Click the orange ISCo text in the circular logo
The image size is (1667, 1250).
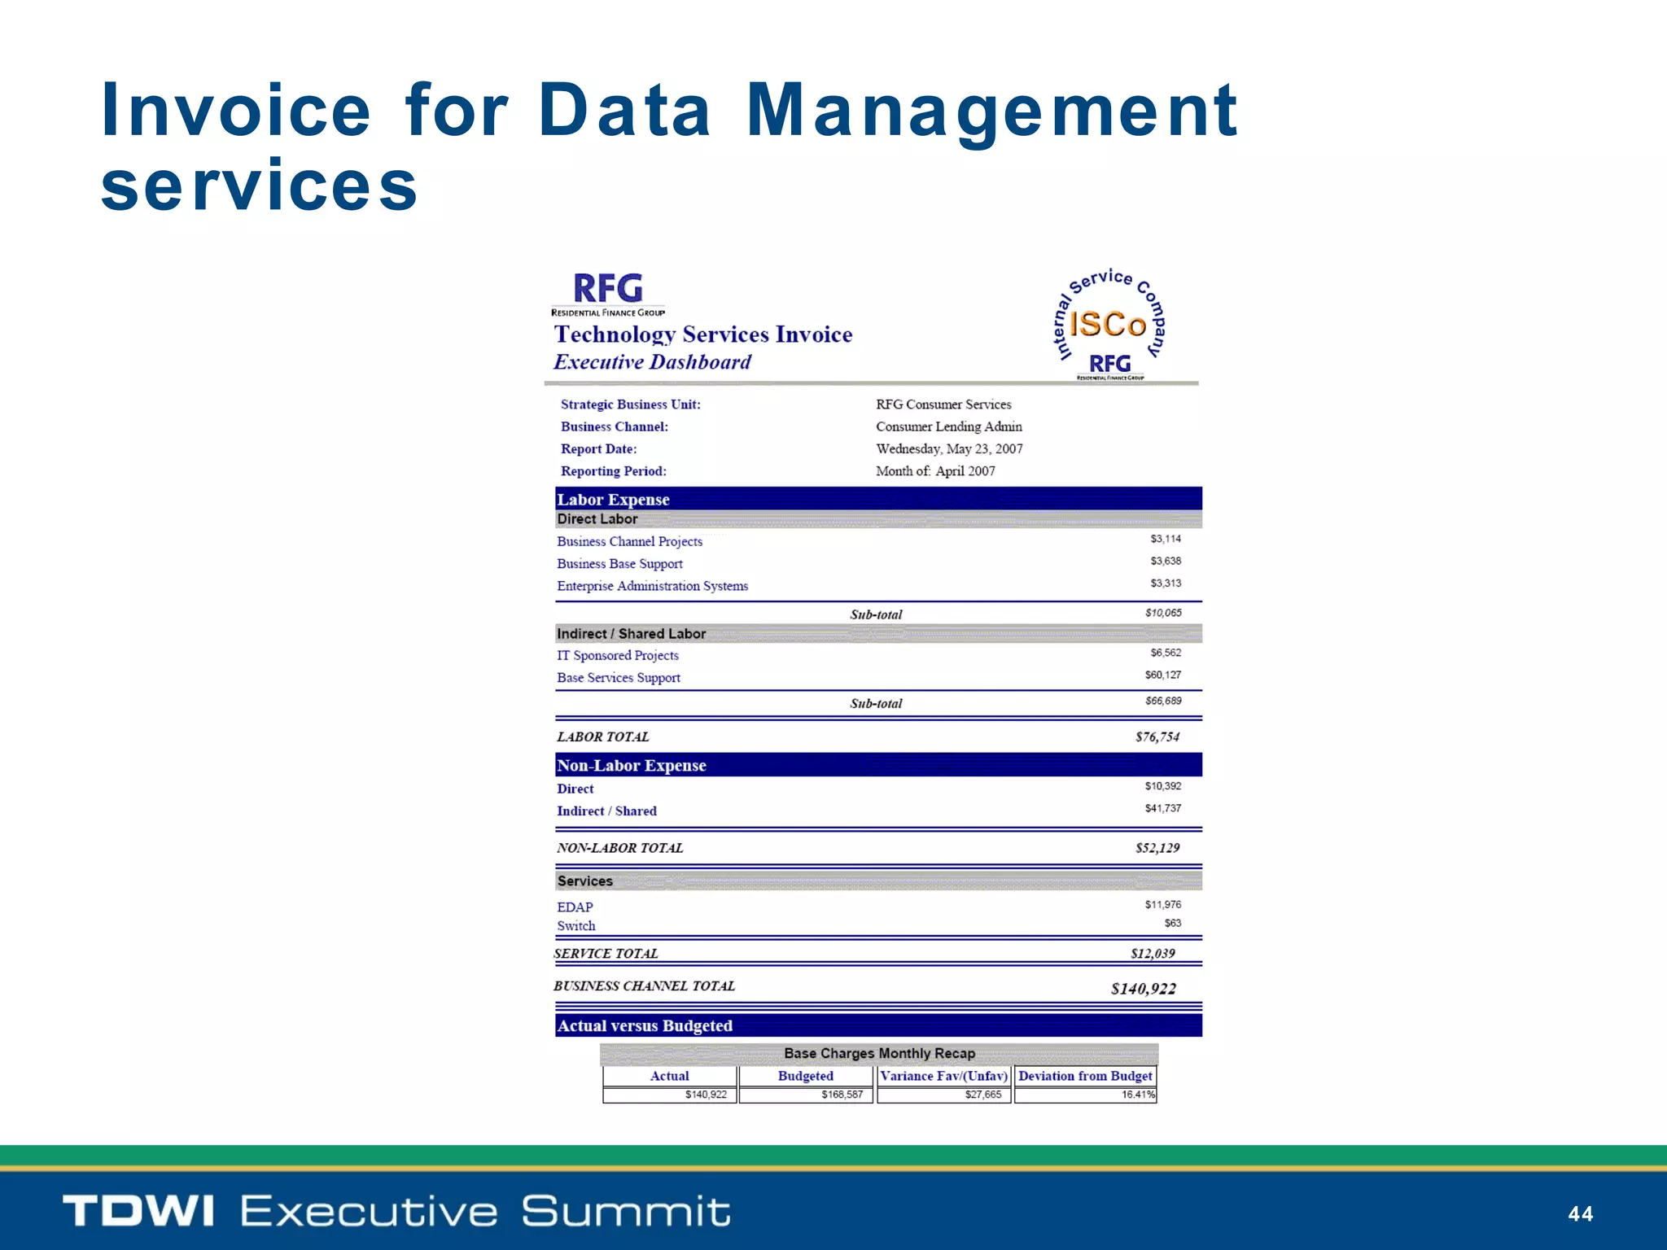[x=1107, y=324]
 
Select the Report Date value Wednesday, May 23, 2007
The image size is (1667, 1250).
[x=949, y=448]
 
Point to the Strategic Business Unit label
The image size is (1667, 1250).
[x=630, y=404]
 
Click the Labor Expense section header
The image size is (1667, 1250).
[x=613, y=499]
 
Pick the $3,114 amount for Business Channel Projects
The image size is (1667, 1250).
[x=1166, y=539]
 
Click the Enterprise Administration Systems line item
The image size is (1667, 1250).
[x=652, y=586]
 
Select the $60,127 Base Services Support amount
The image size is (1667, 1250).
[x=1162, y=675]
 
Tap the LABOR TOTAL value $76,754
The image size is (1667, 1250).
[x=1157, y=736]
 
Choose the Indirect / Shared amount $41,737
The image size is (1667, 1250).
[x=1162, y=808]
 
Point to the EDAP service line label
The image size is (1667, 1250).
[x=575, y=907]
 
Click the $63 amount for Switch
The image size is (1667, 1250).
[x=1172, y=923]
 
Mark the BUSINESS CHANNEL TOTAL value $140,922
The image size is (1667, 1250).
[x=1143, y=989]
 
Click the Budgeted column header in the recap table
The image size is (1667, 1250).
[x=805, y=1076]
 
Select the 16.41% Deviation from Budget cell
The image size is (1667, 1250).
[x=1138, y=1095]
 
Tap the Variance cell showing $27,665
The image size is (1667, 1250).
[x=982, y=1095]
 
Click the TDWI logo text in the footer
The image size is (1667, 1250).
[x=138, y=1211]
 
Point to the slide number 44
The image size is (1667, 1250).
[x=1580, y=1214]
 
